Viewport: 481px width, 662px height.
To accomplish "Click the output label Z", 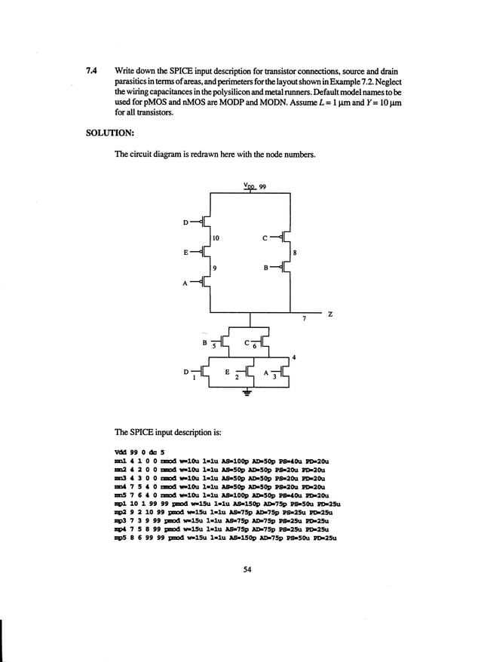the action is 329,314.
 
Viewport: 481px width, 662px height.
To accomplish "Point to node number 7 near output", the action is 303,320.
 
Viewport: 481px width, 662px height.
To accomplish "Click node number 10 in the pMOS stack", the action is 216,238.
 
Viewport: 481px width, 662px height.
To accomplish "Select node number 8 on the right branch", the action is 294,253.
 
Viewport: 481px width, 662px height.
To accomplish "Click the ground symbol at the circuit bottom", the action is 245,391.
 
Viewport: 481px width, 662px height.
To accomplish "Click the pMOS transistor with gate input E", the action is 204,251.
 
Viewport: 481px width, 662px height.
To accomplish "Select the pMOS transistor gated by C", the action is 282,238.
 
